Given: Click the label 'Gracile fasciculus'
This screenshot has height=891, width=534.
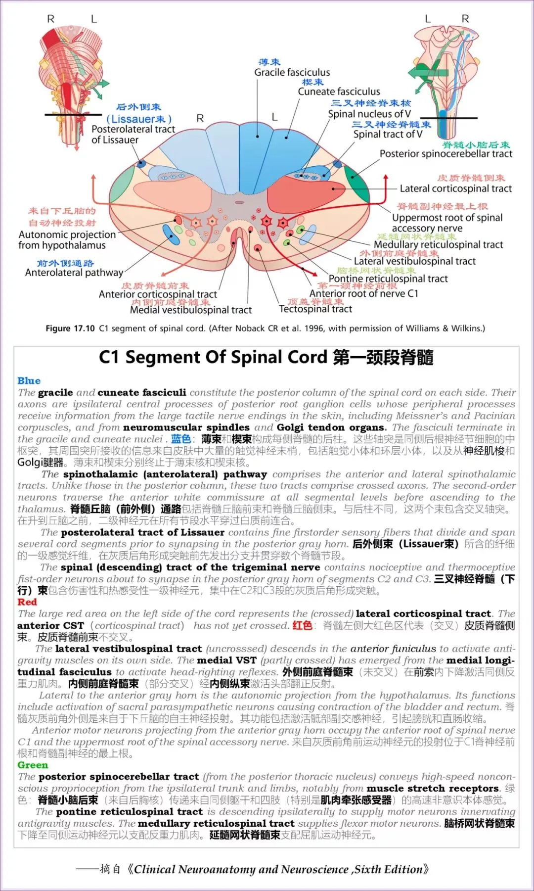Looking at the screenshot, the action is click(x=292, y=73).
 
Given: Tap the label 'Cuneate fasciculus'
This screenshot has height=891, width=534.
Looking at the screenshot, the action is click(x=339, y=92).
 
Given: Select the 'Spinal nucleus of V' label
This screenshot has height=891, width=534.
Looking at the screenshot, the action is click(x=369, y=114).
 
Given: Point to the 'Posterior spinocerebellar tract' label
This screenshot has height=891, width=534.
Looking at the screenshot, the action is click(x=445, y=154).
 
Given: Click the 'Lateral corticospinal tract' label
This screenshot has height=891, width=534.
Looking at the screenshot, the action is click(x=455, y=188).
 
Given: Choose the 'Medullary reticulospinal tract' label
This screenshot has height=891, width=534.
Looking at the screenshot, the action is click(x=438, y=244).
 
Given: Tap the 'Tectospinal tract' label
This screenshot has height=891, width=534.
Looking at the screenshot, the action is click(x=315, y=309).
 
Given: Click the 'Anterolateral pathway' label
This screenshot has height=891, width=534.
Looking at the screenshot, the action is click(x=74, y=273).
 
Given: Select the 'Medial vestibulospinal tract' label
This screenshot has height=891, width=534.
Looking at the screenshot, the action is click(x=191, y=310).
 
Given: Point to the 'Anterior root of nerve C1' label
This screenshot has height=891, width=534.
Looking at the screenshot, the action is click(x=363, y=293).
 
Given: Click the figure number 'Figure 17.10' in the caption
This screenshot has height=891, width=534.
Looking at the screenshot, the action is click(x=70, y=328).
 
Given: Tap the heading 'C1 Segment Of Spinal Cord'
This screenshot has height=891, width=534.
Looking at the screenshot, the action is click(x=213, y=357).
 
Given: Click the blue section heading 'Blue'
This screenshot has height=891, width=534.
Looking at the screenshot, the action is click(x=29, y=380).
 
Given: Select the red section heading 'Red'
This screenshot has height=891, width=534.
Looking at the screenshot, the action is click(x=27, y=602).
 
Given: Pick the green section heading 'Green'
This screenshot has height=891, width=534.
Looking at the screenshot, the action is click(x=33, y=765).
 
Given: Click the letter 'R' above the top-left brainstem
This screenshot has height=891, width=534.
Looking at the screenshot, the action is click(x=50, y=19).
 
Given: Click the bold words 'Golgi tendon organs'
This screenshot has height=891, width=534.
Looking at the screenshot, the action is click(x=331, y=427).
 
